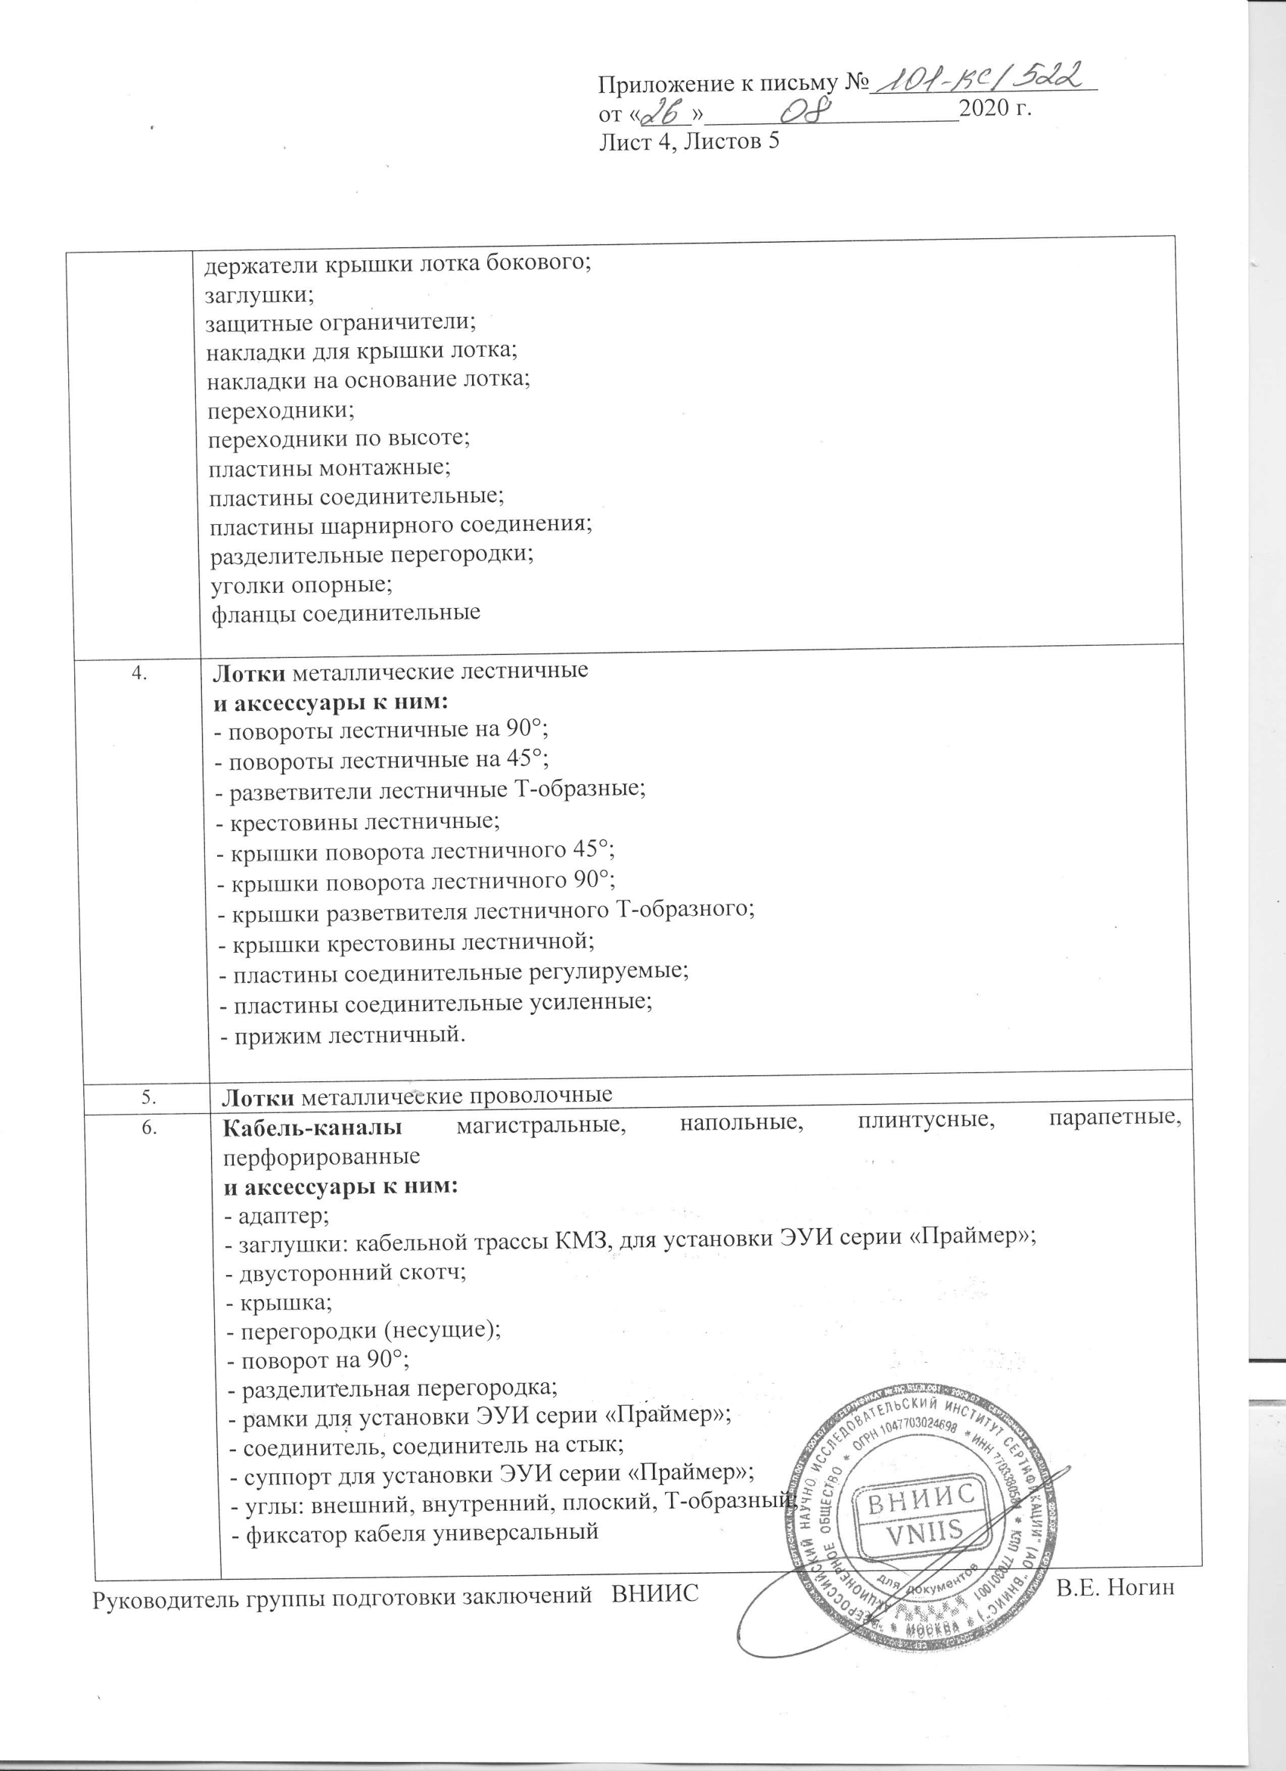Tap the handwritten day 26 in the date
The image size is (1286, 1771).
tap(663, 114)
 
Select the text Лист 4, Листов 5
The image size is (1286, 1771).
tap(690, 141)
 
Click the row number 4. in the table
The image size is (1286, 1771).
tap(141, 675)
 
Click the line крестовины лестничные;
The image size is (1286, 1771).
tap(357, 821)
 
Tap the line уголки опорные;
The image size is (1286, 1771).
tap(302, 584)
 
